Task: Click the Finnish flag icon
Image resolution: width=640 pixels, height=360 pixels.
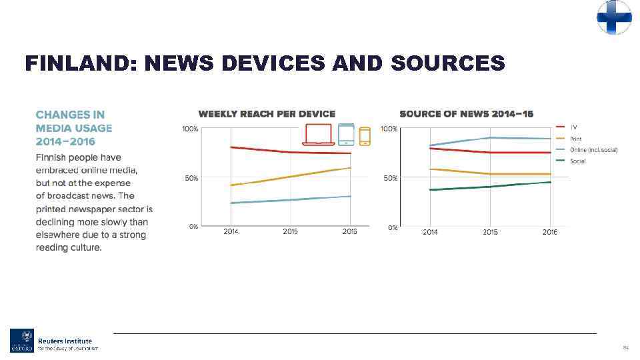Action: coord(614,17)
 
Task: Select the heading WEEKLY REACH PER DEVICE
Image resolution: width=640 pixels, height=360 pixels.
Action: coord(267,114)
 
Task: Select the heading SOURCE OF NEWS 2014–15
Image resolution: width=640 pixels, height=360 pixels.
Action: coord(466,114)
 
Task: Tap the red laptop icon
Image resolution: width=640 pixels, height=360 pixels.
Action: coord(318,135)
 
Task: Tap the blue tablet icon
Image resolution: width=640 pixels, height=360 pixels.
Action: coord(346,135)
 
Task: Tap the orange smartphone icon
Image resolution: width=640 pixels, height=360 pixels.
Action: coord(365,136)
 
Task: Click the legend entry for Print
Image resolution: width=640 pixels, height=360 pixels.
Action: coord(575,139)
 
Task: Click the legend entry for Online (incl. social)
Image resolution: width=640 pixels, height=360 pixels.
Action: coord(593,149)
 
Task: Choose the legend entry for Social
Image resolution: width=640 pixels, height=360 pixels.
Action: coord(577,161)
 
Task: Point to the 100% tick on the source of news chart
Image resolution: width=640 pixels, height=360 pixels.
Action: coord(389,129)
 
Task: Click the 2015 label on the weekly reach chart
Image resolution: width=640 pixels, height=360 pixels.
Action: coord(290,231)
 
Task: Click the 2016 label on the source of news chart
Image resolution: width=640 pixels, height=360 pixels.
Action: coord(549,232)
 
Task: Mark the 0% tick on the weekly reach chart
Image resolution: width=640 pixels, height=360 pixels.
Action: coord(193,227)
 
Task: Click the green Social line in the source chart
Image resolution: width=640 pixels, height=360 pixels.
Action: coord(490,187)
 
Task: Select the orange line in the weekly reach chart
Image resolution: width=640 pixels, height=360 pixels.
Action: coord(290,177)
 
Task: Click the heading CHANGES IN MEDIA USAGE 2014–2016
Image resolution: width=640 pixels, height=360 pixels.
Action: coord(74,128)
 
